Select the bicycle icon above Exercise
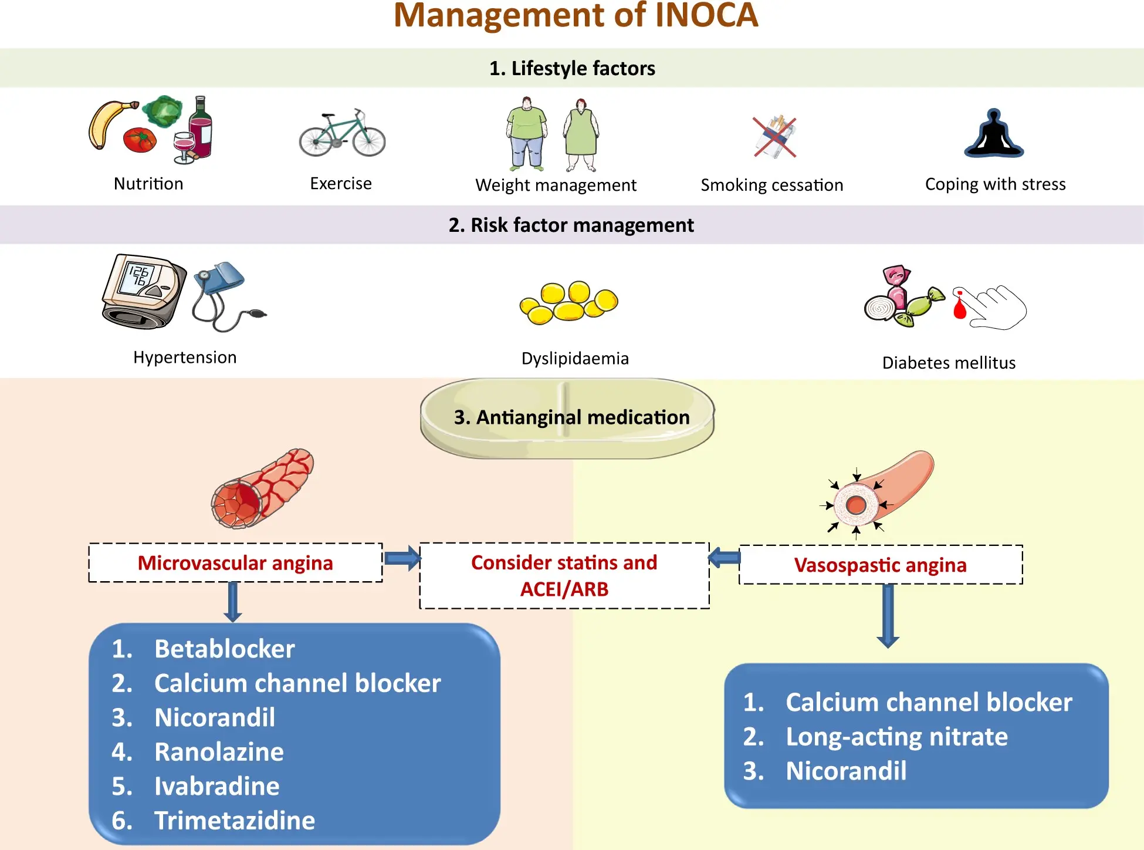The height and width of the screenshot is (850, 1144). tap(342, 133)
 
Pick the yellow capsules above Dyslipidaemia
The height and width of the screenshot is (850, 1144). tap(568, 302)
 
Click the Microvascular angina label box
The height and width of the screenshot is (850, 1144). tap(235, 563)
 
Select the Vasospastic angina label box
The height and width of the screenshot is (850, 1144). tap(880, 565)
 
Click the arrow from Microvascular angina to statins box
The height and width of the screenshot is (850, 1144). tap(402, 558)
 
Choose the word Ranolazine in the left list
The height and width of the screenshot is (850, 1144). tap(219, 752)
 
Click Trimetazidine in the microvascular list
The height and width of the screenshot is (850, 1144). tap(235, 821)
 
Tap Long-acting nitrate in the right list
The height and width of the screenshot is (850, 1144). tap(896, 737)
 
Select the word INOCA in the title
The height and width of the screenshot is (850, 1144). tap(706, 15)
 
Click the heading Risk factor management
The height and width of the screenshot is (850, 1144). tap(571, 225)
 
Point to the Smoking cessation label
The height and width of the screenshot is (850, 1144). tap(771, 185)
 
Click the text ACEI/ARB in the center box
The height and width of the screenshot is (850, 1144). tap(564, 589)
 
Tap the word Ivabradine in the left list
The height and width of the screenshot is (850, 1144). tap(216, 787)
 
